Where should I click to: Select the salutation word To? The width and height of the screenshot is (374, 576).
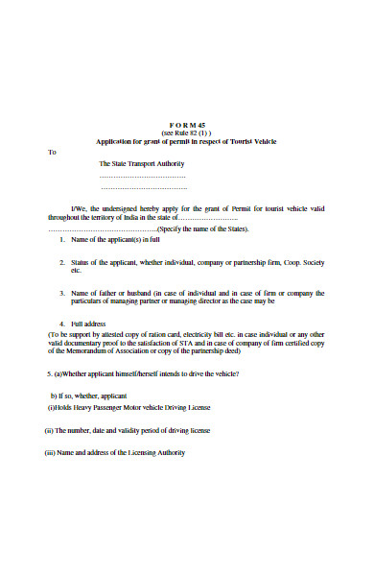[53, 151]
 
